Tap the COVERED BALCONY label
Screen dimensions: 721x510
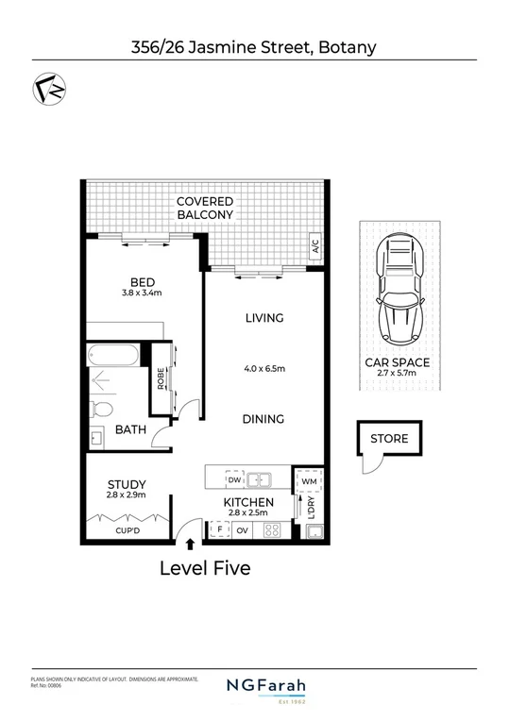point(205,209)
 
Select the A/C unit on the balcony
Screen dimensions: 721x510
point(313,247)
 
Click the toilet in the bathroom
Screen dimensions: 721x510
point(102,409)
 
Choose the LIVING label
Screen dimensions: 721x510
point(264,318)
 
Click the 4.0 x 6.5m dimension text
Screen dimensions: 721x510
point(264,368)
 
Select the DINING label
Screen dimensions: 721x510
point(264,419)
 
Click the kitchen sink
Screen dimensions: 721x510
point(261,479)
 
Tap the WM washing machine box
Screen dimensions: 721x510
point(308,482)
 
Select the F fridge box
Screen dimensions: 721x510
point(219,530)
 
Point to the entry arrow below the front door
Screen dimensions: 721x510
point(191,544)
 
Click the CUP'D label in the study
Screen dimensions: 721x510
point(126,530)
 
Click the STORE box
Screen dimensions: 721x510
point(389,438)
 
